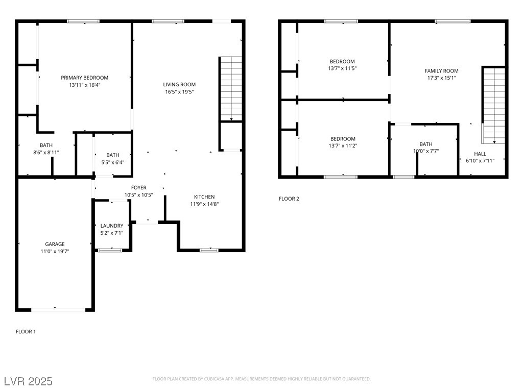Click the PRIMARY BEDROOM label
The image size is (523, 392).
(85, 78)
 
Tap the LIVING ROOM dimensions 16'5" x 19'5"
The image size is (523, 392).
(179, 92)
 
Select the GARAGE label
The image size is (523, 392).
(55, 244)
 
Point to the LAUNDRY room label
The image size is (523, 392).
(112, 226)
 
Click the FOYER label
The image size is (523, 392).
(138, 188)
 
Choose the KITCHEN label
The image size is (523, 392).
(204, 197)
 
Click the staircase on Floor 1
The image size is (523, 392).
(231, 89)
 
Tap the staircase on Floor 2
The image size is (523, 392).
(494, 105)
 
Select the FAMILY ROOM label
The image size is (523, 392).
(442, 71)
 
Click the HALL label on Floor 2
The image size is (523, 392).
(480, 154)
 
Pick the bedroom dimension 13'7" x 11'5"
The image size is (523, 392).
(342, 68)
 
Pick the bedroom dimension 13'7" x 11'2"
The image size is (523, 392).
(343, 145)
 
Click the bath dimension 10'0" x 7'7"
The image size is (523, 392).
(426, 151)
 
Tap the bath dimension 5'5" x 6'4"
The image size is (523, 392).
(113, 162)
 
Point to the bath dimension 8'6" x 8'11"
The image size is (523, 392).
(46, 152)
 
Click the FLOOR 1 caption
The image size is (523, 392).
(26, 332)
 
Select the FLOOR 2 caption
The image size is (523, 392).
(289, 199)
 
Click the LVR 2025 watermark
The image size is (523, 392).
(28, 381)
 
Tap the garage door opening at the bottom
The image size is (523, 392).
(59, 309)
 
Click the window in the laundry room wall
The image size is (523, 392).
(110, 250)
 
